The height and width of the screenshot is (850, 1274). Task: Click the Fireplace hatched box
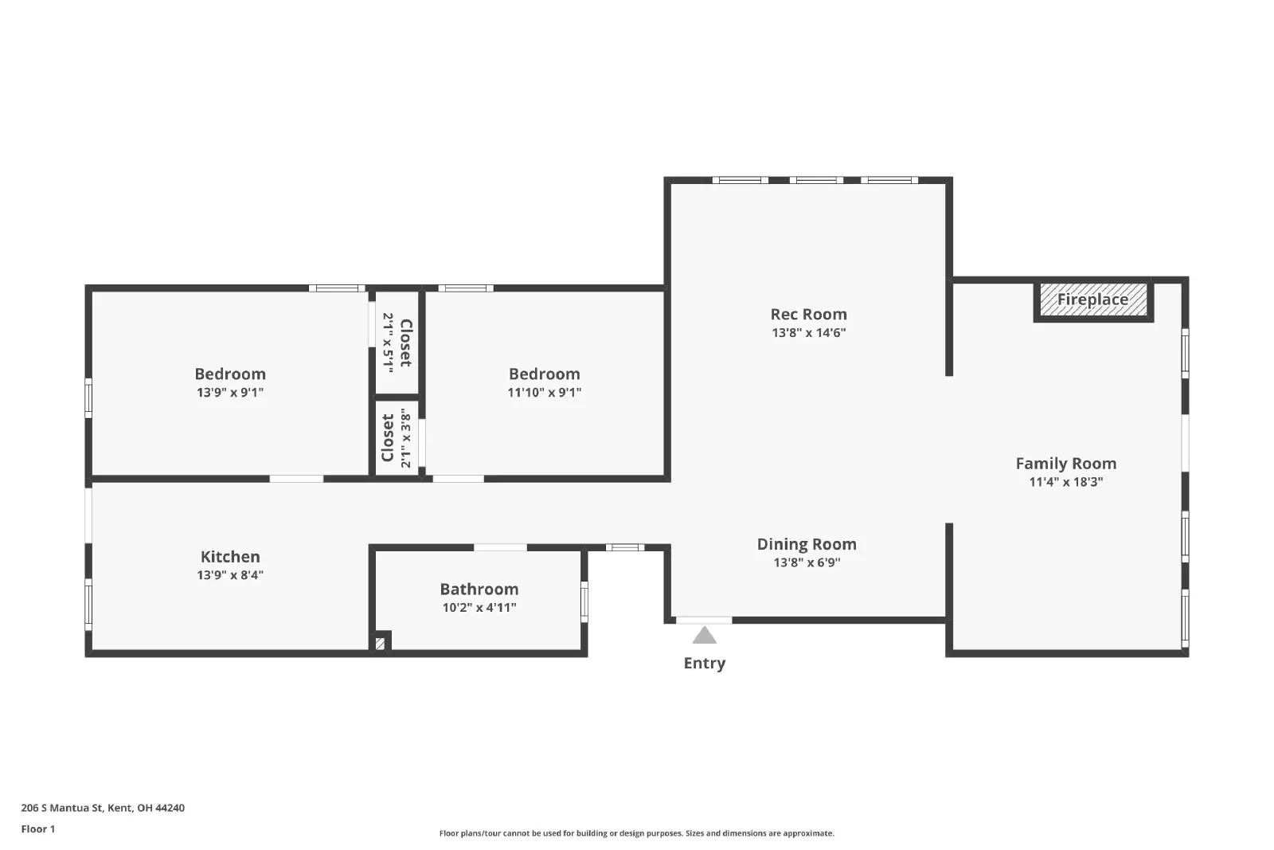1093,300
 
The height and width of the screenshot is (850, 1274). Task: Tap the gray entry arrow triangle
704,635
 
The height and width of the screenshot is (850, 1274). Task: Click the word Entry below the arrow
704,663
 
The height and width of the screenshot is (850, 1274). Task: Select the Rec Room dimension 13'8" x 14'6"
808,333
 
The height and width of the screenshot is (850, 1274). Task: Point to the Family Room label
1065,464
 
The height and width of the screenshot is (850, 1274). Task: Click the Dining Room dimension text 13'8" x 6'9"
807,562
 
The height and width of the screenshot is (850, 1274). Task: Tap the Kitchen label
230,557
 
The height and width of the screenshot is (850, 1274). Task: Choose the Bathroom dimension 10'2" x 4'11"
479,608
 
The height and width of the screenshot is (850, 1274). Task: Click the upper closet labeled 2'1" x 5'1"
397,343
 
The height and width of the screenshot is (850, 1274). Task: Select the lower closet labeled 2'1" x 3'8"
397,439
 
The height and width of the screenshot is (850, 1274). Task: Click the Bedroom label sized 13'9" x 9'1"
230,374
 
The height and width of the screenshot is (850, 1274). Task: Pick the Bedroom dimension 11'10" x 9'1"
544,393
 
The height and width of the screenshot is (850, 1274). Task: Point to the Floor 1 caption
38,829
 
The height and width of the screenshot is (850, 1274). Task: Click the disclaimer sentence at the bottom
636,833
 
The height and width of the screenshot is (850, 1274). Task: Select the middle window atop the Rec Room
815,181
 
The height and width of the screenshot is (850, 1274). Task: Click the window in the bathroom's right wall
584,601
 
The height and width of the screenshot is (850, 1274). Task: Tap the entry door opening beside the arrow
704,620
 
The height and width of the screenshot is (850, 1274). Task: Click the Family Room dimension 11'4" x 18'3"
1065,482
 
